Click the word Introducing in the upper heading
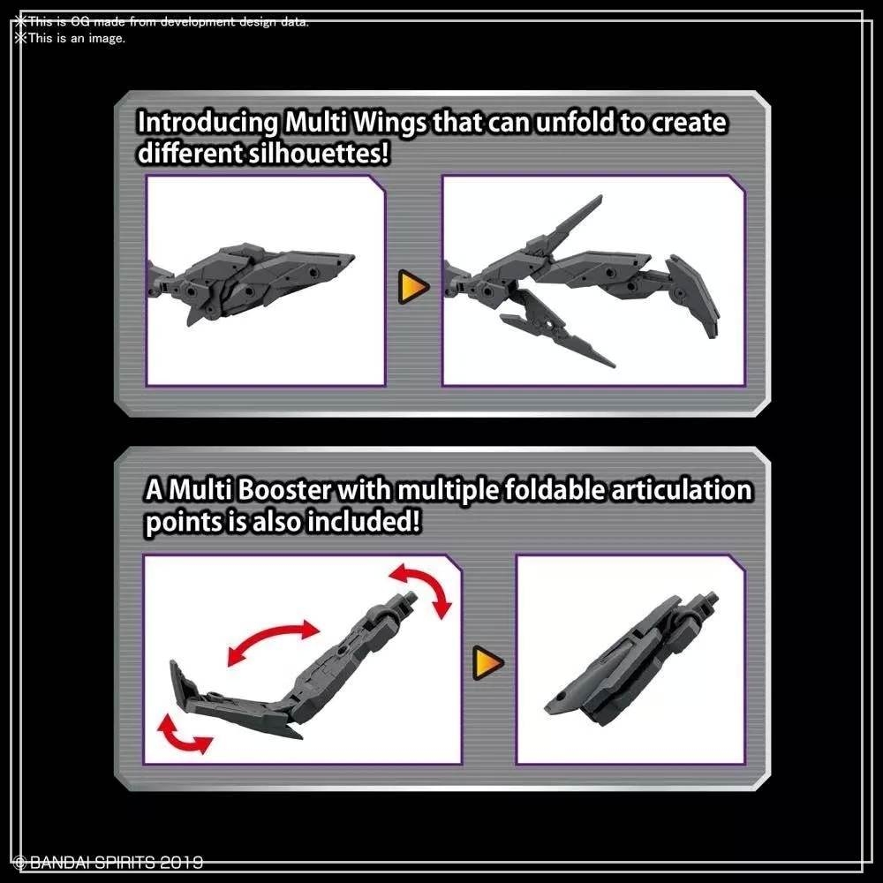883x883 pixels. [208, 123]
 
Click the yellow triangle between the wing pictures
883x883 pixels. [412, 286]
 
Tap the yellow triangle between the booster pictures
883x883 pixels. [487, 660]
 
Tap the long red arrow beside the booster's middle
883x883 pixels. [273, 642]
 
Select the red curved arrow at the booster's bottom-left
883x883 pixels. [184, 735]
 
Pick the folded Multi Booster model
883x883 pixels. [627, 657]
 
